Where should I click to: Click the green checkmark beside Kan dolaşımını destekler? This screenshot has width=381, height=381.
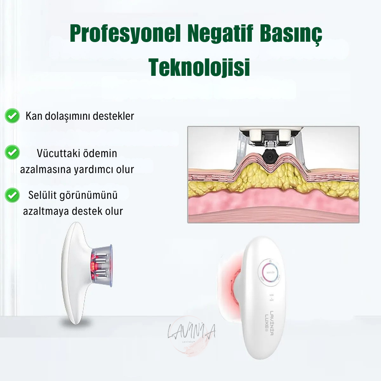(12, 116)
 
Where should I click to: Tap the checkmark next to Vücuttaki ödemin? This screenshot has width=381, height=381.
(12, 152)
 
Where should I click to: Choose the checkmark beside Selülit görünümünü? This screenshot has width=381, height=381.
(12, 195)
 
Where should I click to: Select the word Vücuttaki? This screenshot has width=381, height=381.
(58, 153)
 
